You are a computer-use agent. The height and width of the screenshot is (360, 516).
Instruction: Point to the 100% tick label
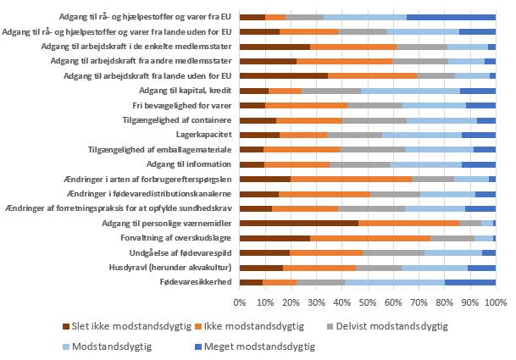(495, 302)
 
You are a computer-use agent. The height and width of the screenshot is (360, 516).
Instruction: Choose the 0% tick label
(240, 302)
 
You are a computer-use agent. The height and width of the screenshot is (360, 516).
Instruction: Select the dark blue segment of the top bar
(451, 16)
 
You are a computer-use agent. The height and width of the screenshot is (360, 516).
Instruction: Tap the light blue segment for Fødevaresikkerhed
(395, 282)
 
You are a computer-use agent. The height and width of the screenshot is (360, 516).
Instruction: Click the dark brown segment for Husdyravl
(261, 268)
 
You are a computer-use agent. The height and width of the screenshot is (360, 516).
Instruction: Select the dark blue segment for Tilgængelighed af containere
(486, 119)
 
